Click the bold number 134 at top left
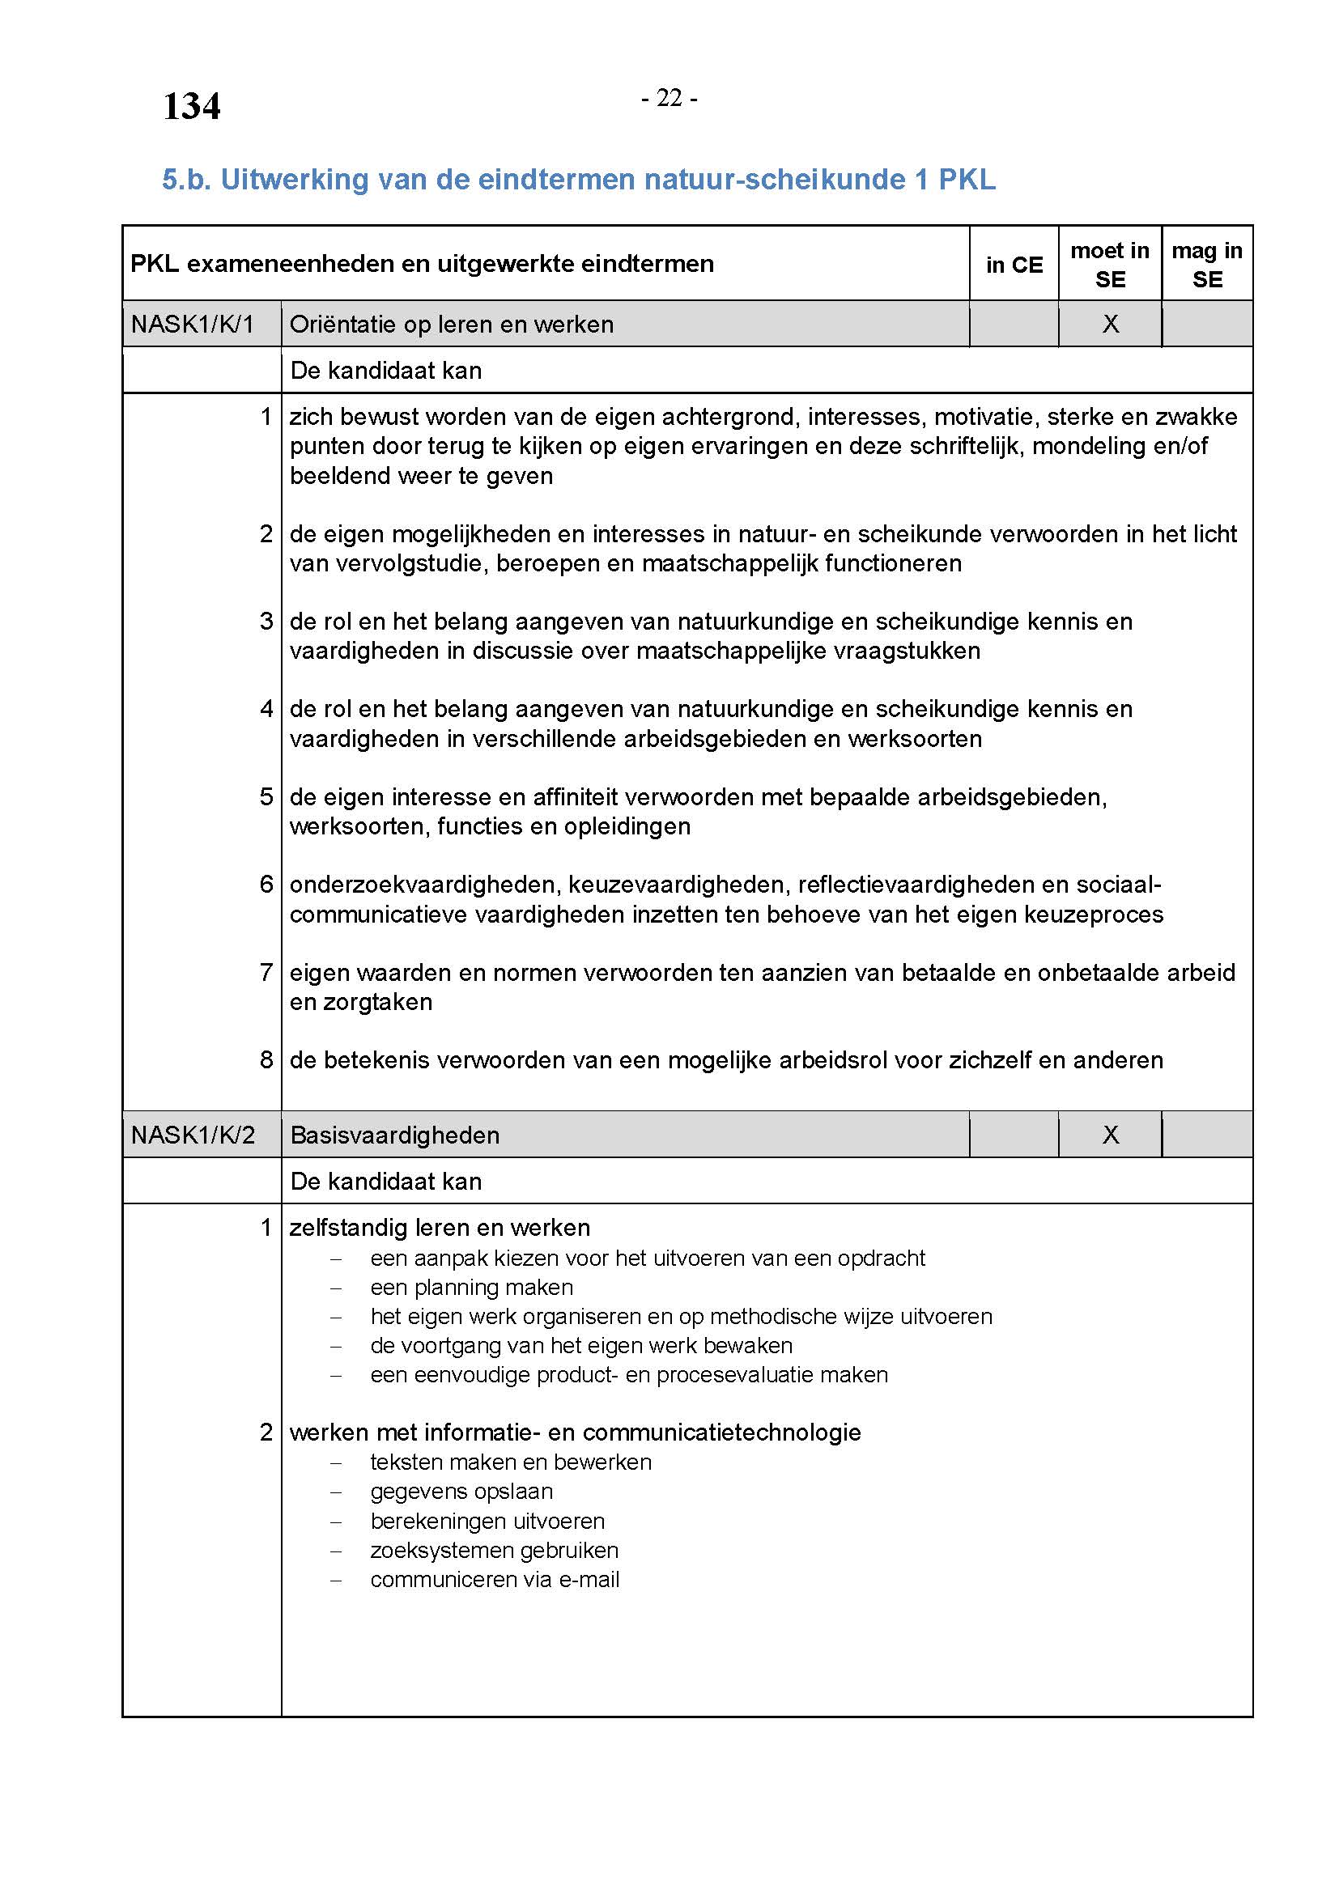tap(191, 106)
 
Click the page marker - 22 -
tap(669, 98)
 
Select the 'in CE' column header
tap(1014, 265)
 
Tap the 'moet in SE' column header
tap(1109, 265)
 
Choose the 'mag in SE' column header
tap(1206, 265)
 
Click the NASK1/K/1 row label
tap(192, 324)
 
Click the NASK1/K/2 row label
tap(192, 1135)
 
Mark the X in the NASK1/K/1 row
tap(1110, 324)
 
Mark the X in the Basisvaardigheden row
tap(1110, 1135)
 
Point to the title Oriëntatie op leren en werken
tap(451, 324)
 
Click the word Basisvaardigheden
tap(394, 1135)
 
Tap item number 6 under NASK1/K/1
tap(266, 884)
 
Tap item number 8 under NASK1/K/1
tap(266, 1059)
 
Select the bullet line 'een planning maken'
tap(471, 1287)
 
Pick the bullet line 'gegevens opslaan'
tap(461, 1491)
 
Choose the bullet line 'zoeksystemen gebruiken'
tap(494, 1550)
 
